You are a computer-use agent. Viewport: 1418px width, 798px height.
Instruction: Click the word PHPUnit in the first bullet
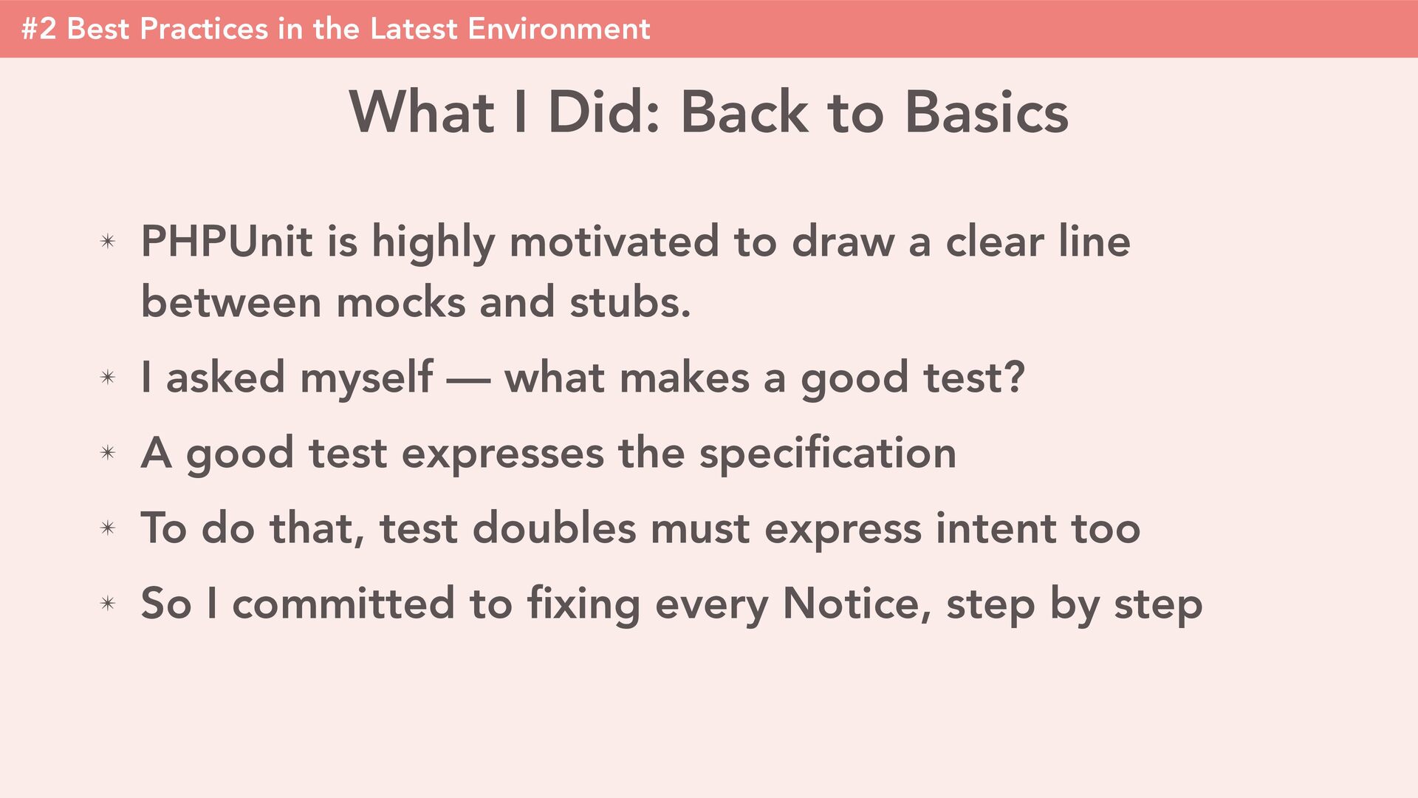pos(226,241)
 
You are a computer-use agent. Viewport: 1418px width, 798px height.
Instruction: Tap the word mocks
pos(400,302)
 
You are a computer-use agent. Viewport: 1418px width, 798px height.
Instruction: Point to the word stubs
pos(630,302)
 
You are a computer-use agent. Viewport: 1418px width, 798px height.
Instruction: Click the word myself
pos(366,378)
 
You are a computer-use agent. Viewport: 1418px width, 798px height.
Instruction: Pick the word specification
pos(828,454)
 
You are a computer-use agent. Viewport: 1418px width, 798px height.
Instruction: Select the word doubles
pos(554,528)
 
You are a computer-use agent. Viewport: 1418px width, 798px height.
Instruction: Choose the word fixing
pos(583,604)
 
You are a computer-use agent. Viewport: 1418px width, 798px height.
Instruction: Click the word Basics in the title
pos(986,112)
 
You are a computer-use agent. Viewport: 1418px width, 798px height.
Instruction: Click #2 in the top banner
pos(39,29)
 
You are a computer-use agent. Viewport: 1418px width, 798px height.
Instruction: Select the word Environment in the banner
pos(558,29)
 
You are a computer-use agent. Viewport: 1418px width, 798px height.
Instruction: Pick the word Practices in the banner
pos(204,29)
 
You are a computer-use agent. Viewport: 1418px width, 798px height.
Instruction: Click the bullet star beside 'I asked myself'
pos(108,378)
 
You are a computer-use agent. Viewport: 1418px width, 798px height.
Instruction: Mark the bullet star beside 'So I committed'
pos(108,604)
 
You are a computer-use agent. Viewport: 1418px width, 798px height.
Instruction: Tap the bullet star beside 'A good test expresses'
pos(108,453)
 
